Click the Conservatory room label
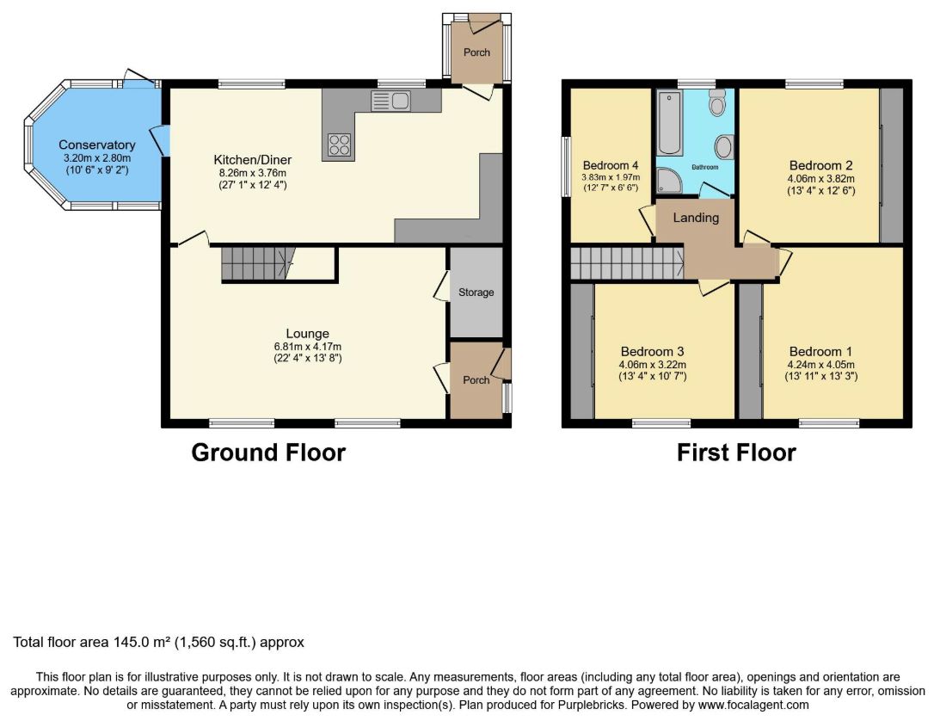click(96, 145)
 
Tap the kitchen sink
click(390, 101)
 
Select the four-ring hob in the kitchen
click(339, 145)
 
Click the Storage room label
click(476, 293)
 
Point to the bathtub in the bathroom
click(670, 123)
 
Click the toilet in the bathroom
click(718, 102)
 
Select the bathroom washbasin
click(724, 146)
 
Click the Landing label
click(696, 218)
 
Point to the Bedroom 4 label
click(611, 166)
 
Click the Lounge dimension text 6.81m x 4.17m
click(307, 347)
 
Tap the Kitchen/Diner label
click(253, 160)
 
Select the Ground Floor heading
click(268, 453)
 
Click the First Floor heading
click(736, 453)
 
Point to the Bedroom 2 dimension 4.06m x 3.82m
click(820, 179)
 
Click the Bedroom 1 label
click(820, 352)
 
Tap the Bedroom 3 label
click(652, 352)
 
